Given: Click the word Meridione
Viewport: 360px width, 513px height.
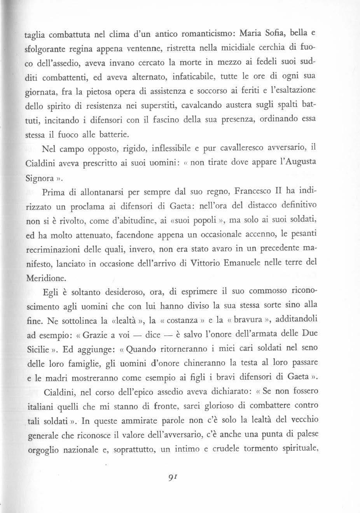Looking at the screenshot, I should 42,277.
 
